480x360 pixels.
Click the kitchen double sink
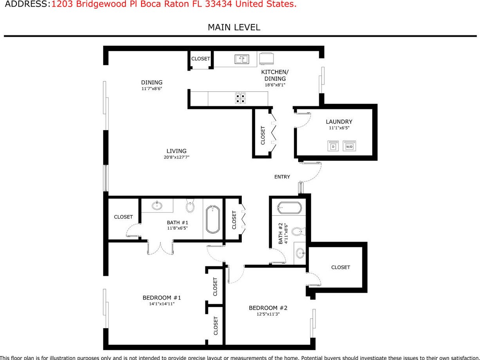click(x=241, y=59)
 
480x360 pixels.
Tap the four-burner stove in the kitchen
click(x=240, y=98)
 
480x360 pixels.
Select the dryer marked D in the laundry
click(x=333, y=146)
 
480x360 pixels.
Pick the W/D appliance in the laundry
click(x=349, y=146)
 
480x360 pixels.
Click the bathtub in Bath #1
click(x=213, y=218)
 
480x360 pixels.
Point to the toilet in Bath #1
click(x=190, y=206)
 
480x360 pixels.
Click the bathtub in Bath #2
click(x=290, y=207)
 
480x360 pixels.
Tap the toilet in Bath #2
click(x=297, y=231)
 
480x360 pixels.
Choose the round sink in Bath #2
click(x=300, y=253)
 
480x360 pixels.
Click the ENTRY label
click(x=282, y=177)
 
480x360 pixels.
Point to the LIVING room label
click(x=176, y=151)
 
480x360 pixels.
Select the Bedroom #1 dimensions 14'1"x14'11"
click(x=162, y=304)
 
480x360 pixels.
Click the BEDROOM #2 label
click(x=268, y=308)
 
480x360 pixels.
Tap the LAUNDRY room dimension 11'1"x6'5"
click(x=339, y=128)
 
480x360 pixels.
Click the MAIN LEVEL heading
click(x=234, y=27)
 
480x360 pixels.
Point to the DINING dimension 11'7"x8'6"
click(x=152, y=89)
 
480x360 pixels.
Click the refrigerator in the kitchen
click(x=267, y=58)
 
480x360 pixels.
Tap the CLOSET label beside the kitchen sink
click(x=201, y=59)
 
